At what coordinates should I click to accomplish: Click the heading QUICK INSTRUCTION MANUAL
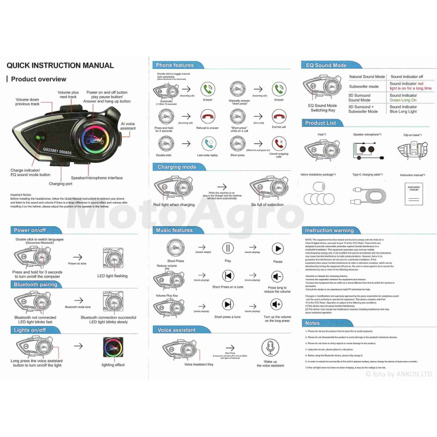point(60,66)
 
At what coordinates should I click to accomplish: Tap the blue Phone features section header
point(175,65)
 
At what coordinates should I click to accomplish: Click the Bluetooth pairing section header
point(36,285)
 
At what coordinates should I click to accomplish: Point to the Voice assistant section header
point(176,330)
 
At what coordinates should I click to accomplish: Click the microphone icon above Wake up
point(270,347)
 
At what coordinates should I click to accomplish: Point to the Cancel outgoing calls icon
point(279,144)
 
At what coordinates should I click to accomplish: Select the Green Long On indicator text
point(403,100)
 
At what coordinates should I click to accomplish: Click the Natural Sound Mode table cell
point(367,77)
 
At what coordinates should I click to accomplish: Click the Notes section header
point(312,323)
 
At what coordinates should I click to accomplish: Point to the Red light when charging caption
point(174,204)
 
